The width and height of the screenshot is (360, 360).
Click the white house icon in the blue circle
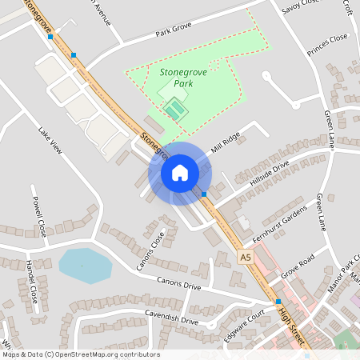click(x=180, y=172)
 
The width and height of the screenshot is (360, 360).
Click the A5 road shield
click(x=245, y=257)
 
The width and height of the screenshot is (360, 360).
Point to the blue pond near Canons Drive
click(x=84, y=266)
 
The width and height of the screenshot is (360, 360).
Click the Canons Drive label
click(x=180, y=284)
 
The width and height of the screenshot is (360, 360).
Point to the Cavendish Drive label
click(x=170, y=318)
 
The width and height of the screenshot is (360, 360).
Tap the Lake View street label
click(x=50, y=139)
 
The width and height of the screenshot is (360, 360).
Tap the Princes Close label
click(x=328, y=38)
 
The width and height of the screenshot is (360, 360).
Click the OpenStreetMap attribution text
click(x=80, y=354)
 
